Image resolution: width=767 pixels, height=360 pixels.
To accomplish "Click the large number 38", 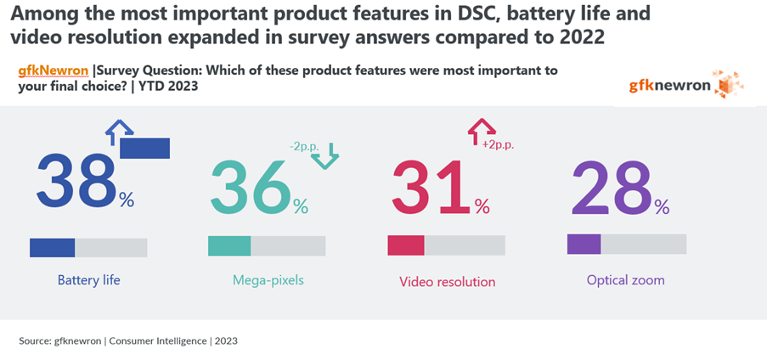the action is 76,180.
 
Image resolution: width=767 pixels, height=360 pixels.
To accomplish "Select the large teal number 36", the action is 251,185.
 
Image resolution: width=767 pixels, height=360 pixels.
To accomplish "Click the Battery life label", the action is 88,280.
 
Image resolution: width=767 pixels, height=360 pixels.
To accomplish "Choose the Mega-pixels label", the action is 268,280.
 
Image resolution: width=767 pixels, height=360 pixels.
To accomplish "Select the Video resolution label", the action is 447,282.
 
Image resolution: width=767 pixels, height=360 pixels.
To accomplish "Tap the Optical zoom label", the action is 626,280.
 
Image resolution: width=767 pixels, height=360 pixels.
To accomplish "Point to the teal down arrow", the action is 324,156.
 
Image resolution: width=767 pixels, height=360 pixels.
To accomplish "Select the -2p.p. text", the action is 304,147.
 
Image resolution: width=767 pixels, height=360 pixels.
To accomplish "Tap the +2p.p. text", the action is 499,145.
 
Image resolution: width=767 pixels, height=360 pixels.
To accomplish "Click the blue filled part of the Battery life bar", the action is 53,248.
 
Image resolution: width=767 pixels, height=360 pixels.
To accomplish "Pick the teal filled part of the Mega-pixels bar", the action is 229,246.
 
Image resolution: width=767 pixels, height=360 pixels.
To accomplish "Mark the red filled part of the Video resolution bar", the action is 406,245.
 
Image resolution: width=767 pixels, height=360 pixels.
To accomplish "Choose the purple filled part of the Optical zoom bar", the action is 584,244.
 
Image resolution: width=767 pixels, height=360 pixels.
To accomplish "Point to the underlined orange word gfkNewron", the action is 54,71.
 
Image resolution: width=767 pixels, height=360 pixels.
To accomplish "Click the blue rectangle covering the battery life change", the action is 144,149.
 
